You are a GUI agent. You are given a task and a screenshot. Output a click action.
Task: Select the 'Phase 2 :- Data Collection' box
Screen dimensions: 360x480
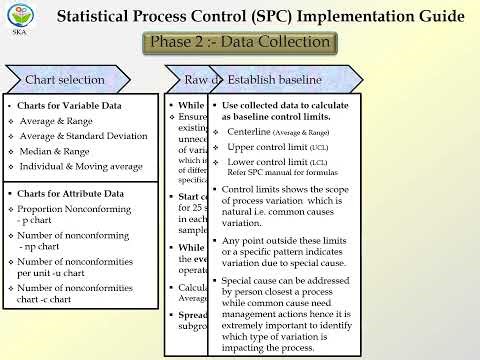click(x=238, y=43)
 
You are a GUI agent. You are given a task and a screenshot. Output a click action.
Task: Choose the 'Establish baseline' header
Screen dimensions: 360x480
click(x=274, y=79)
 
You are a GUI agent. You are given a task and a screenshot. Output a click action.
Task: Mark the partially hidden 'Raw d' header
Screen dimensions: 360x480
click(x=194, y=79)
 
